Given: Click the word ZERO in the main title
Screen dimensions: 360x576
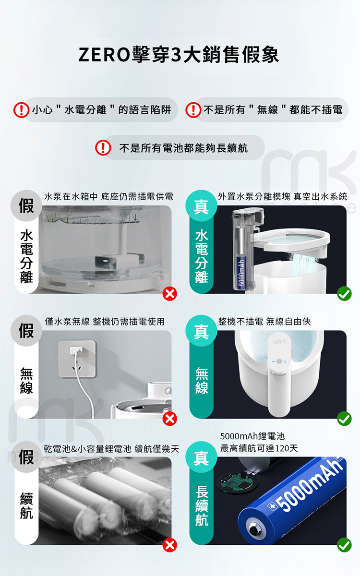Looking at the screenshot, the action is (104, 55).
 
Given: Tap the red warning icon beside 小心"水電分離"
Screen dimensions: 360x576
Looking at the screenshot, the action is (21, 110).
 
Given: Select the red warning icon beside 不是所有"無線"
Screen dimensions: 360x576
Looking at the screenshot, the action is (193, 110).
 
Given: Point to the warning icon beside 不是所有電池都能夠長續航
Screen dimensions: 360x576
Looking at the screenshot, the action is (103, 148).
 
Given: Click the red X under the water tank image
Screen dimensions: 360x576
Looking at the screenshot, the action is (170, 294).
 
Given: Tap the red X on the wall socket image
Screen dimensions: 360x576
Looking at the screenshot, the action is (170, 419).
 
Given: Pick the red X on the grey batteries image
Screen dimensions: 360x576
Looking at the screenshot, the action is (170, 545).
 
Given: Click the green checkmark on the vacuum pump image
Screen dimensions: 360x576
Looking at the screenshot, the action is (344, 294).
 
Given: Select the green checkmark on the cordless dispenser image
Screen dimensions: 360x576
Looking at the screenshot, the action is (344, 419).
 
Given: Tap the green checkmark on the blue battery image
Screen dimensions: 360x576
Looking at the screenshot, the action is (344, 545).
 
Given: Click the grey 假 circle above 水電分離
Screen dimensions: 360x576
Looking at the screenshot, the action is (26, 206).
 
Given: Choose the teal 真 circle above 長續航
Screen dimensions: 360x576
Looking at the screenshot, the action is (201, 457).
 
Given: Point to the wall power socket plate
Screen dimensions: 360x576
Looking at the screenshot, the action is (77, 359).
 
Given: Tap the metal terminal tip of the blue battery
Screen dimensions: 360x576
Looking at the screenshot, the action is (255, 530).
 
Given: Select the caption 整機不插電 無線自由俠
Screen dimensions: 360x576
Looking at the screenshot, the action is (264, 322).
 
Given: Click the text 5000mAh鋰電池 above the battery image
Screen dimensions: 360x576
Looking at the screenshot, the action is (252, 436).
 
